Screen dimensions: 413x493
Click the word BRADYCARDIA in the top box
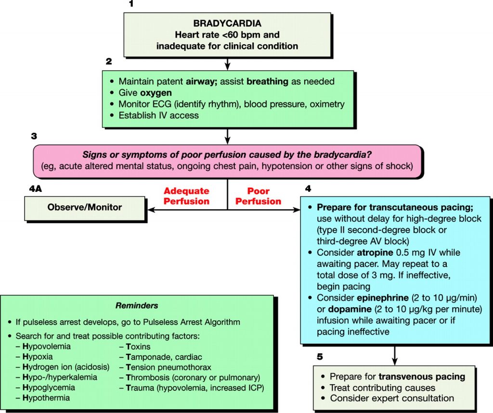point(227,23)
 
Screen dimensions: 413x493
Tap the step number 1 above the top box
point(130,4)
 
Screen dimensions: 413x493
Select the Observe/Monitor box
point(84,207)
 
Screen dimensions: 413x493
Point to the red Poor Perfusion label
point(258,196)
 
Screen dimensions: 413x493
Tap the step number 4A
point(35,189)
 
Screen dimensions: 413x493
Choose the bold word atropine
point(376,252)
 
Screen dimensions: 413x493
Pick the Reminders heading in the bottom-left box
point(137,305)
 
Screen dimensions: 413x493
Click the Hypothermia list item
point(46,398)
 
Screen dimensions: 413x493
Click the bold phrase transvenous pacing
point(422,376)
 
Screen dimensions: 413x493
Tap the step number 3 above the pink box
point(34,136)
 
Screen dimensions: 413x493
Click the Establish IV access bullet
point(158,115)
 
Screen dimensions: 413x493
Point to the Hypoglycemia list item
point(49,388)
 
